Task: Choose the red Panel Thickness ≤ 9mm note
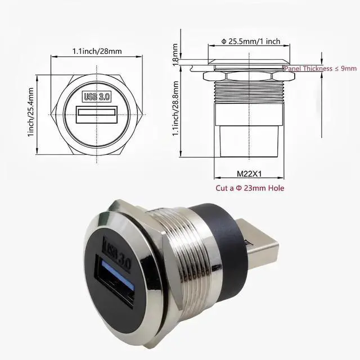tap(320, 68)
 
